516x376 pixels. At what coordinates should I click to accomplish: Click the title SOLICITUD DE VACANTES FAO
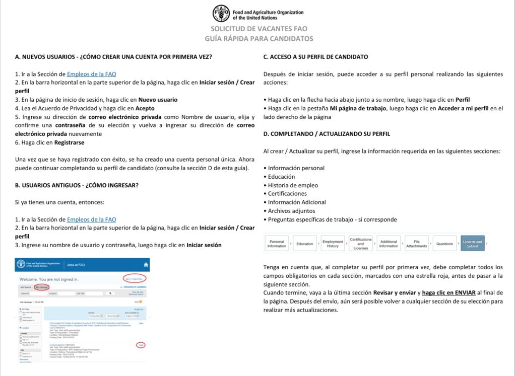click(259, 29)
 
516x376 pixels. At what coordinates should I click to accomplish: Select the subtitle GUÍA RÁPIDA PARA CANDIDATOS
click(259, 39)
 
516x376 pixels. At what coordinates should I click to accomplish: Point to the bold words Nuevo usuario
click(158, 100)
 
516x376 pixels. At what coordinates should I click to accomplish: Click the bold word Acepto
click(144, 108)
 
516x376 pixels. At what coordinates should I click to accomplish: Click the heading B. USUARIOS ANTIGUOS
click(77, 185)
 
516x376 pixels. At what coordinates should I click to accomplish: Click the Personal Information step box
click(277, 244)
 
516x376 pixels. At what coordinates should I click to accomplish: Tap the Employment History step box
click(333, 244)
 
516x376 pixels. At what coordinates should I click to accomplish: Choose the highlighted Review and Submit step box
click(472, 244)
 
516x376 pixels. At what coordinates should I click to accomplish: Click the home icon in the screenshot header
click(146, 265)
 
